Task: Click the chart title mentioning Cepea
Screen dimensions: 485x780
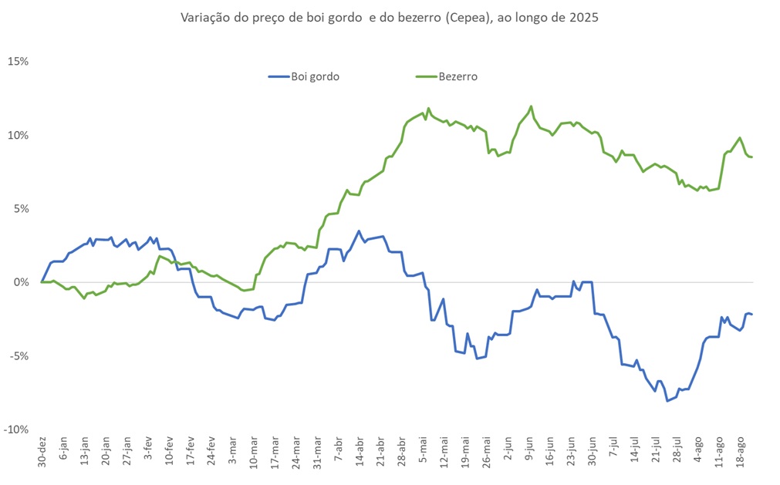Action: [389, 17]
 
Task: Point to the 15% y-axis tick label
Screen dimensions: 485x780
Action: [18, 61]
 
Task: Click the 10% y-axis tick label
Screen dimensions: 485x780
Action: [18, 135]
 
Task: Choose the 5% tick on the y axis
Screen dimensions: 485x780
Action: [20, 208]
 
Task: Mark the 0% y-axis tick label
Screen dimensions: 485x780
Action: [20, 282]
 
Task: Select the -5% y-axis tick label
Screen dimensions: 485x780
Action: [19, 355]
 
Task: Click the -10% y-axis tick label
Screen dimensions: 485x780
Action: [16, 429]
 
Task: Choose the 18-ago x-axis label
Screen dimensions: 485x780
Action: [741, 450]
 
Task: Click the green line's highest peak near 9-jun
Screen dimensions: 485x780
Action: [532, 106]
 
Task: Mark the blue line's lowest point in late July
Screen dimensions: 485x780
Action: [667, 401]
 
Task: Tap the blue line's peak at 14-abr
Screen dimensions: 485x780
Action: [359, 231]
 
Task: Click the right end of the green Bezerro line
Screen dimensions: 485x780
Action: [752, 157]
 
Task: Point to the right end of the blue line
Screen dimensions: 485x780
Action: [752, 314]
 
